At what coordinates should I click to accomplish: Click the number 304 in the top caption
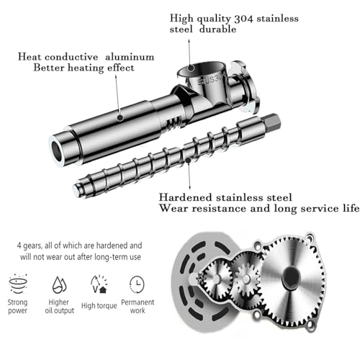(243, 19)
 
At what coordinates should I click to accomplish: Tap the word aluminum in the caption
(130, 57)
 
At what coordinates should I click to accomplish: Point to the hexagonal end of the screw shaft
(273, 122)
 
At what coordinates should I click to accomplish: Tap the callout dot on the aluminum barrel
(120, 117)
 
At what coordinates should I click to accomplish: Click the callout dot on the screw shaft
(189, 161)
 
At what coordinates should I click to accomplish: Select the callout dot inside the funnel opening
(191, 68)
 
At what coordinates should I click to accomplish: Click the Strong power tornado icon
(18, 284)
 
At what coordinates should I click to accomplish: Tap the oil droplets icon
(59, 285)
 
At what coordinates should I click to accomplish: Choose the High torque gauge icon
(99, 284)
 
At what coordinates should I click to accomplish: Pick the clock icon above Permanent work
(137, 284)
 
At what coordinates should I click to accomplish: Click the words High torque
(99, 306)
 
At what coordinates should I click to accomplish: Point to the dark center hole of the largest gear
(292, 278)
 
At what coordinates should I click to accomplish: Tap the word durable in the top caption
(217, 30)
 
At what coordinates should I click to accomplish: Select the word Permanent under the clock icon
(138, 302)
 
